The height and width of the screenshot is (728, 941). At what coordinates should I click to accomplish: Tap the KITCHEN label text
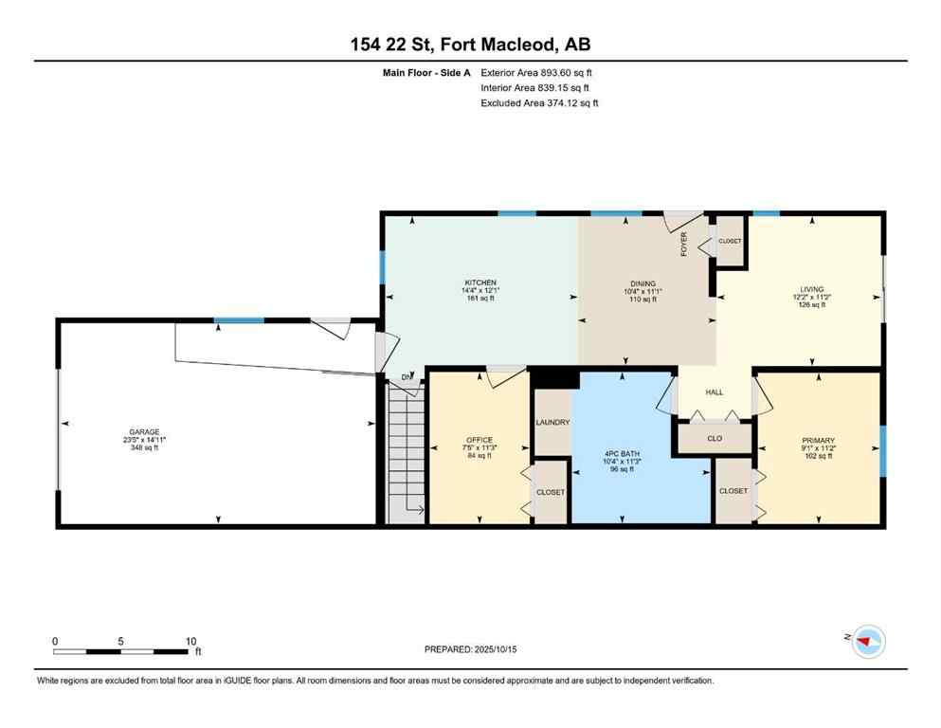pyautogui.click(x=474, y=282)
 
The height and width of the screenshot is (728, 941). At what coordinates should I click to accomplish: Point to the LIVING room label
pyautogui.click(x=811, y=289)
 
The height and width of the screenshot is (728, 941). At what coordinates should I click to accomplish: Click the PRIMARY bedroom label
pyautogui.click(x=818, y=441)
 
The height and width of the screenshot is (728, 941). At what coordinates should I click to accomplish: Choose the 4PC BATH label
pyautogui.click(x=622, y=452)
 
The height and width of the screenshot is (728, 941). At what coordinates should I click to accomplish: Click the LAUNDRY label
pyautogui.click(x=552, y=423)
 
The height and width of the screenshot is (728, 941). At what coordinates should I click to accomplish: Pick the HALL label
pyautogui.click(x=714, y=392)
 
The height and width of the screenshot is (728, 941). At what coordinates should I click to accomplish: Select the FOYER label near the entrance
pyautogui.click(x=683, y=245)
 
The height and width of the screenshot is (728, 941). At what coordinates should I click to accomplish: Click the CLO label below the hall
pyautogui.click(x=715, y=439)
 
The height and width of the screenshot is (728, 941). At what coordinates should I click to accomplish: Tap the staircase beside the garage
pyautogui.click(x=407, y=449)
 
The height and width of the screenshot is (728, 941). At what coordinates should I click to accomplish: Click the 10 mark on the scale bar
pyautogui.click(x=190, y=641)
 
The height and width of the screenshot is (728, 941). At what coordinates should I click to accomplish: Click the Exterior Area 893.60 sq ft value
pyautogui.click(x=537, y=72)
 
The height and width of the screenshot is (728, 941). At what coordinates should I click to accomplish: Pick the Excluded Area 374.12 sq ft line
pyautogui.click(x=539, y=103)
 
